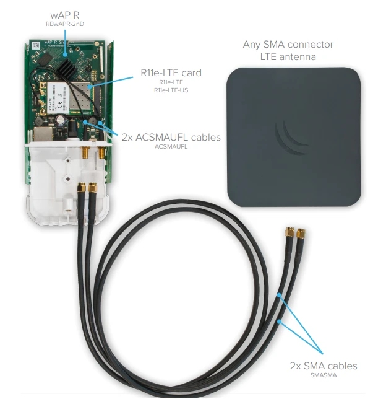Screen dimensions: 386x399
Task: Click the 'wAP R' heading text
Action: point(65,15)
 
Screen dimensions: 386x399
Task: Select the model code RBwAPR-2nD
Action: point(65,24)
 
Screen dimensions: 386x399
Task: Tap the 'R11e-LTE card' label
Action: point(171,72)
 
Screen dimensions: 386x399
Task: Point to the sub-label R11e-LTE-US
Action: point(171,90)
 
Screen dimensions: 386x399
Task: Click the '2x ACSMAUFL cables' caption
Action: point(171,137)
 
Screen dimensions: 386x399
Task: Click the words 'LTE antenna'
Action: point(288,57)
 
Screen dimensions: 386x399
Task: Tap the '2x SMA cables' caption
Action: point(324,366)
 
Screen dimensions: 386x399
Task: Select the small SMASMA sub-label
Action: point(324,375)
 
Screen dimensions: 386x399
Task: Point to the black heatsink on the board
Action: point(66,64)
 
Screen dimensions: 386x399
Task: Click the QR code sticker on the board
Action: point(36,46)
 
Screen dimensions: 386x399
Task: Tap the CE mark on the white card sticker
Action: point(59,103)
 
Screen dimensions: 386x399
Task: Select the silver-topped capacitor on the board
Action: point(60,120)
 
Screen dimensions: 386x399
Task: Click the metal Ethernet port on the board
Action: point(43,134)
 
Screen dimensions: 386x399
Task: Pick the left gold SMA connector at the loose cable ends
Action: point(289,232)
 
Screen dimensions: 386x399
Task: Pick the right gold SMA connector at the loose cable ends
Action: point(301,233)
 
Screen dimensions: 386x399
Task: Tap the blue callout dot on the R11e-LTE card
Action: point(88,87)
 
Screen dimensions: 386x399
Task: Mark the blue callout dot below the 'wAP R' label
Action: point(66,54)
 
